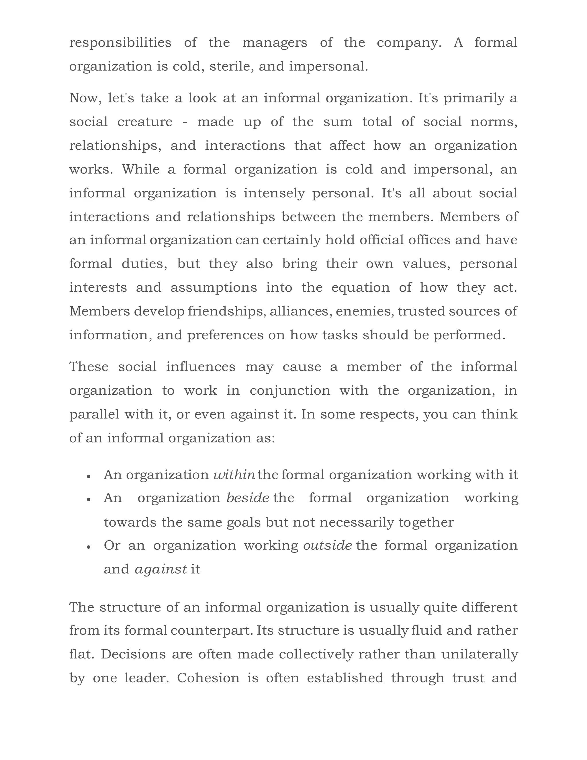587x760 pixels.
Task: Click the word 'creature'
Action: (x=145, y=122)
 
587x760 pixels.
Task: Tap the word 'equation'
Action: (x=360, y=287)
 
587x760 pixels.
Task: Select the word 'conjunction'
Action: (x=290, y=390)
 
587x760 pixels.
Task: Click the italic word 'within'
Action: (x=234, y=475)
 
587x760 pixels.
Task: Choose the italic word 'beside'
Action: (x=248, y=498)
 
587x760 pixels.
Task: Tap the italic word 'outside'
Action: (x=327, y=545)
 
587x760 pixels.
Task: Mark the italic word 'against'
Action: (x=161, y=569)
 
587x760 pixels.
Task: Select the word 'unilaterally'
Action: (x=479, y=654)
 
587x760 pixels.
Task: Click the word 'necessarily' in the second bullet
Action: (x=356, y=522)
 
